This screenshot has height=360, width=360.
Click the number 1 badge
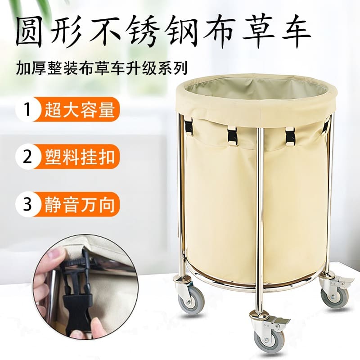[x=27, y=109]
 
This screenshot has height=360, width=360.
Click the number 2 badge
[x=27, y=157]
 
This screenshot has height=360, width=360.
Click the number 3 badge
[x=27, y=204]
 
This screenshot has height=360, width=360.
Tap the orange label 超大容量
[x=80, y=109]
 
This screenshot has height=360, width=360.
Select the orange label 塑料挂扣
[x=80, y=157]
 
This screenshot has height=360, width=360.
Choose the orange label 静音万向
[x=80, y=204]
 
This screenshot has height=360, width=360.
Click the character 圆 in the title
[x=31, y=32]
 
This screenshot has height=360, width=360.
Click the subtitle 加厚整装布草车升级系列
[x=101, y=68]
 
